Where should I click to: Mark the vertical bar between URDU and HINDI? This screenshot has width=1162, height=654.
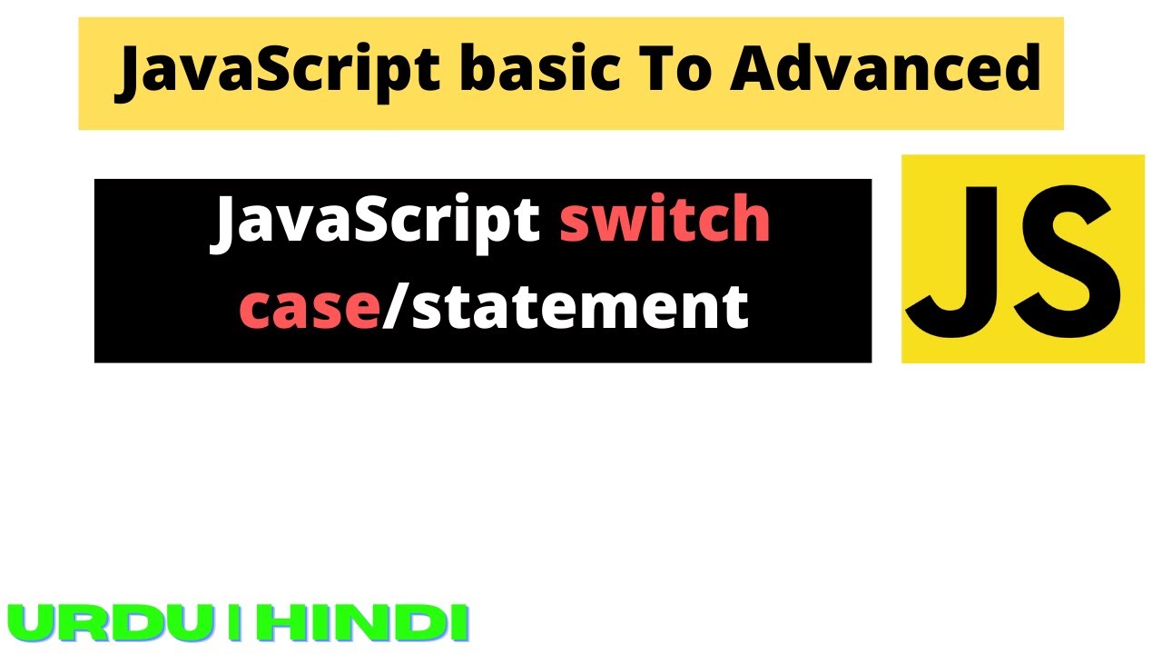[234, 623]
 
